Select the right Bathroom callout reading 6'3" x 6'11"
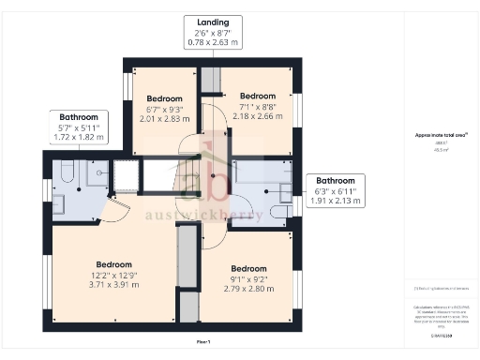click(x=335, y=190)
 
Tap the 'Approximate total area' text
click(x=441, y=135)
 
